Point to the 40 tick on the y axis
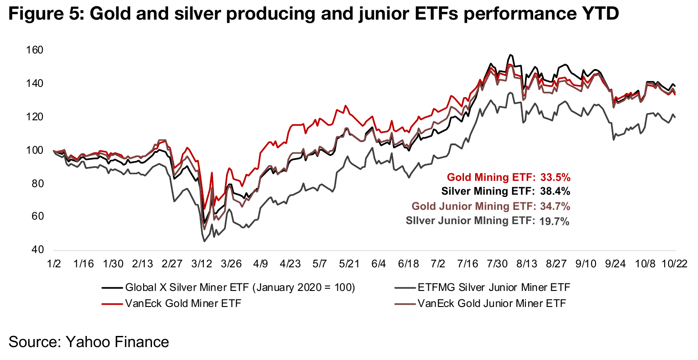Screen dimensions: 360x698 (38, 250)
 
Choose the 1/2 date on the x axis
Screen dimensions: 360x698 (53, 264)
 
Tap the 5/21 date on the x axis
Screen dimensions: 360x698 (349, 264)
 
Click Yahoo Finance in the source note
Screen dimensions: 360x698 (117, 342)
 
